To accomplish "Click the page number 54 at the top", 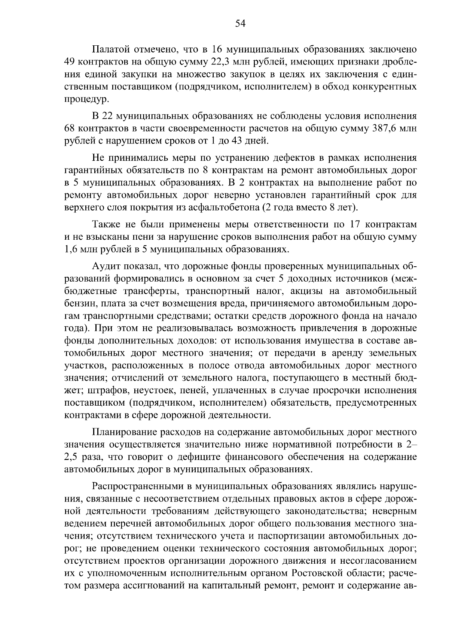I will [240, 24].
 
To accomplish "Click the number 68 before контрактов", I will [70, 128].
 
